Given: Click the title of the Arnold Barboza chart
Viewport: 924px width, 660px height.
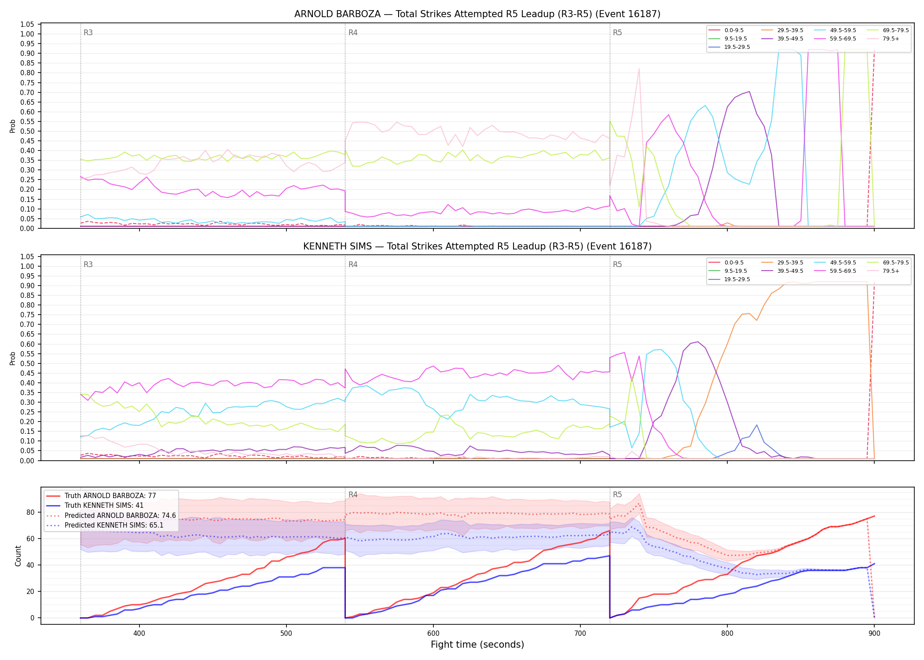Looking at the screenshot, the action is [477, 14].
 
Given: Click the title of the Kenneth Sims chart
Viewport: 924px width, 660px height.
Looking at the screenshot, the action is [477, 246].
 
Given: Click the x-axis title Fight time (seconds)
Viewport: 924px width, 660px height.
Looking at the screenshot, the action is [477, 645].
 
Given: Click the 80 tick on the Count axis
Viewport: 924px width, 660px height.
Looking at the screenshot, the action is [30, 512].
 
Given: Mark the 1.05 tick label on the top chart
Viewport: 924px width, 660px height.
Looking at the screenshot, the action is [27, 24].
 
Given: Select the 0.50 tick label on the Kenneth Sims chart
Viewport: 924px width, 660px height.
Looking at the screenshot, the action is [27, 363].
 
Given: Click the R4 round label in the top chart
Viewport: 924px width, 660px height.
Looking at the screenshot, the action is [353, 33].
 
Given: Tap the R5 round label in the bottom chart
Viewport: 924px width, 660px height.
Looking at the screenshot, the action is [617, 495].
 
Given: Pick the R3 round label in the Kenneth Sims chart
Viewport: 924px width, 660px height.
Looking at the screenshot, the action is [88, 264].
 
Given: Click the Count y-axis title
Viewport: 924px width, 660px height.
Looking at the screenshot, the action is [18, 556].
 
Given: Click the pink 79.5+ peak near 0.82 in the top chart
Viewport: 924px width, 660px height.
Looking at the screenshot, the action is [639, 69].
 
